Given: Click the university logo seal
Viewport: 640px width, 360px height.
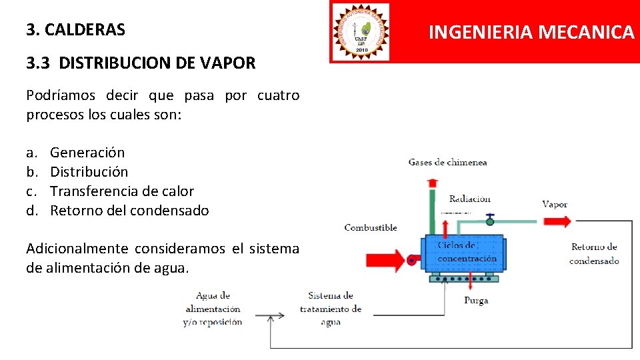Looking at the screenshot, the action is coord(361,31).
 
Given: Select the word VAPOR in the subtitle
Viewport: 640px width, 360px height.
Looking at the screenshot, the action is coord(231,63).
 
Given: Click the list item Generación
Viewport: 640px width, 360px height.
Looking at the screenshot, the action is coord(87,153).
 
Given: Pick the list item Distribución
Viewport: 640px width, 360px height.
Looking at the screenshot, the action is coord(89,172).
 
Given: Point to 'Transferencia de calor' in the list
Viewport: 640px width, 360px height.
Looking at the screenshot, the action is coord(122,191).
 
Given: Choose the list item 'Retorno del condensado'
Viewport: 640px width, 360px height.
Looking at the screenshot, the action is coord(129,211).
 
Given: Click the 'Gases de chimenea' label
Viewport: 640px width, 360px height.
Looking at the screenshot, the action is coord(447,162).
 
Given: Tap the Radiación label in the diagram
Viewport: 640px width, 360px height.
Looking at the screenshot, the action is coord(469,199).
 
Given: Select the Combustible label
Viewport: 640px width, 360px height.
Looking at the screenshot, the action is coord(371,228).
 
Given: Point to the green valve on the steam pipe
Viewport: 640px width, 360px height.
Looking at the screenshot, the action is coord(490,219).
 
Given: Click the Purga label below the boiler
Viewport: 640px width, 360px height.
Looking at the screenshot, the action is coord(476,301).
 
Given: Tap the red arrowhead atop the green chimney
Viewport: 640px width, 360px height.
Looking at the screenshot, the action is coord(433,181).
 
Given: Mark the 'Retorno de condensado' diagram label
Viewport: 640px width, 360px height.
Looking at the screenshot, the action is coord(594,254).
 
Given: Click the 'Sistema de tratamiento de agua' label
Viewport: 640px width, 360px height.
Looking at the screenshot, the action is coord(331,309).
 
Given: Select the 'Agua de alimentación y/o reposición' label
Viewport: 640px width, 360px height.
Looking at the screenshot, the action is coord(213,309).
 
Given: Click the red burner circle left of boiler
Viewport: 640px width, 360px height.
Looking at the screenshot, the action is coord(412,261).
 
